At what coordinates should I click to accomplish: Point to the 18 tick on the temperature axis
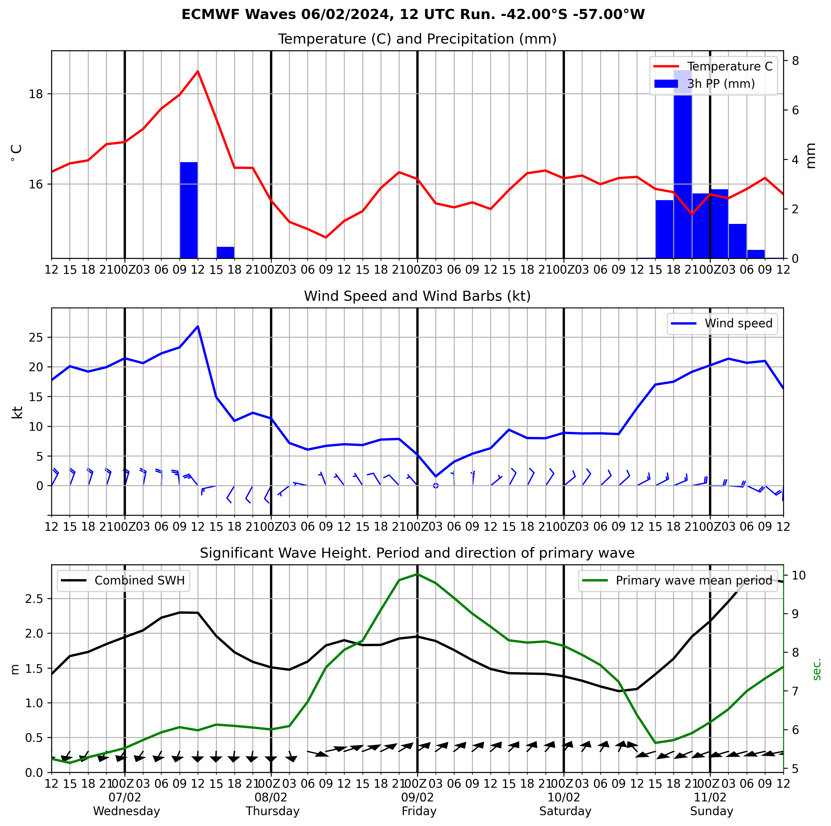tap(37, 94)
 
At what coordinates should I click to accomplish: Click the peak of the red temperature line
tap(198, 71)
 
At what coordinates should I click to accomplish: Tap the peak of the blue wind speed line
tap(198, 326)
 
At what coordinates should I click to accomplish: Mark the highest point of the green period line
tap(417, 574)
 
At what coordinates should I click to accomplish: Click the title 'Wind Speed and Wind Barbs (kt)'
tap(417, 296)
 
